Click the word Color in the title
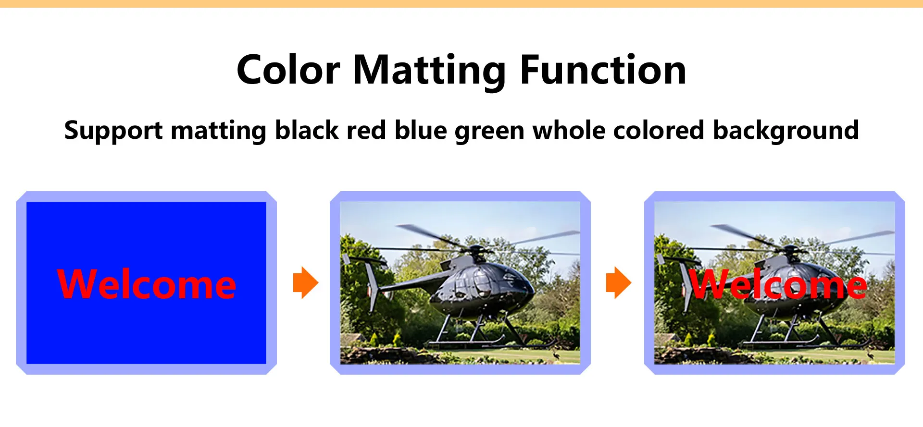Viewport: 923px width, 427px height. [288, 70]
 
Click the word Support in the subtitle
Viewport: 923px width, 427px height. [113, 131]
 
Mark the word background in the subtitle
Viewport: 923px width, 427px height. [786, 131]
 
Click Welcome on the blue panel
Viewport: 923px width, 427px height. [147, 284]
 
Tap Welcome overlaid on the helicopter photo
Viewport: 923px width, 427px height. [778, 284]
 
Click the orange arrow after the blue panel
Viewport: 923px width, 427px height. [306, 282]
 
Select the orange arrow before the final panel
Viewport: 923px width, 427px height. [619, 282]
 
